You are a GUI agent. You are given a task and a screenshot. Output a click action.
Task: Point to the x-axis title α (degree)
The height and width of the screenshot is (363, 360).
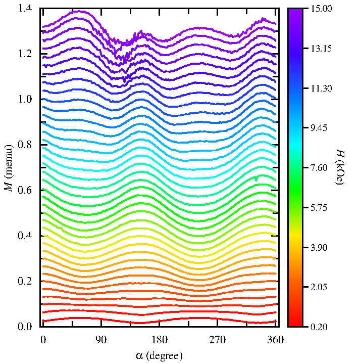(160, 355)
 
